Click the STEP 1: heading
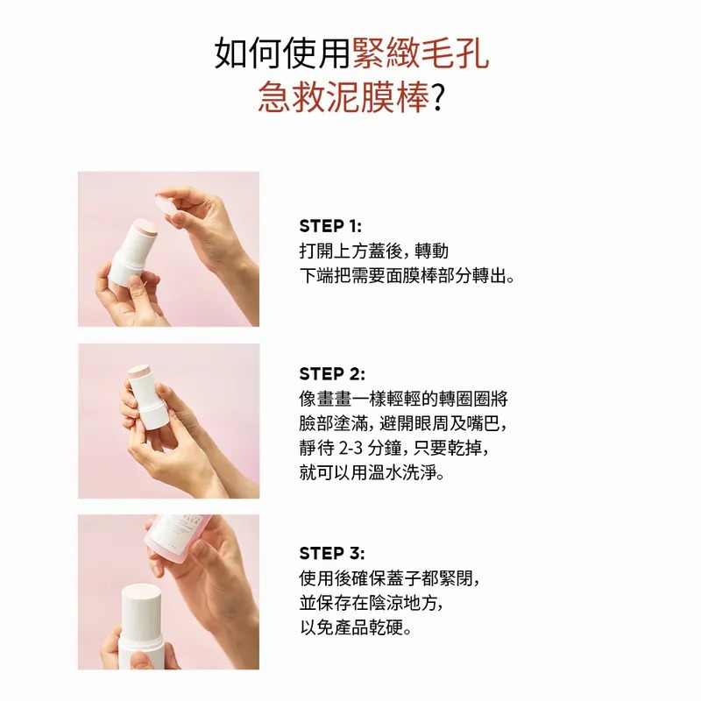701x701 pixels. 330,226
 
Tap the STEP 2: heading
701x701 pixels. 332,374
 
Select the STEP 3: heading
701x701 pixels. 332,553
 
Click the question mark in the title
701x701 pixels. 437,98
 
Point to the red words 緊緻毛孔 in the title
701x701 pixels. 421,53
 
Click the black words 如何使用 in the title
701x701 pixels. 282,53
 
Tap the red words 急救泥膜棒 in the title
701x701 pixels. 343,97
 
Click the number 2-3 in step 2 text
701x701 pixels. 350,448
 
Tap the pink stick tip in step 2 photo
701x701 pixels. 138,371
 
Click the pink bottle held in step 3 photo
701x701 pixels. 180,539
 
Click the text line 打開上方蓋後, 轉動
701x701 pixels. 374,251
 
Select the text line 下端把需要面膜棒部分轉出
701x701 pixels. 407,276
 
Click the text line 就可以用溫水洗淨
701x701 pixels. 372,472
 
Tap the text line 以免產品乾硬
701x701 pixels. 356,627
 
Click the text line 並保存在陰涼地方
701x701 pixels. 372,603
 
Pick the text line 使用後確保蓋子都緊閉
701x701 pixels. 389,578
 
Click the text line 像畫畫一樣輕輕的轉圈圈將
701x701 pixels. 404,399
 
